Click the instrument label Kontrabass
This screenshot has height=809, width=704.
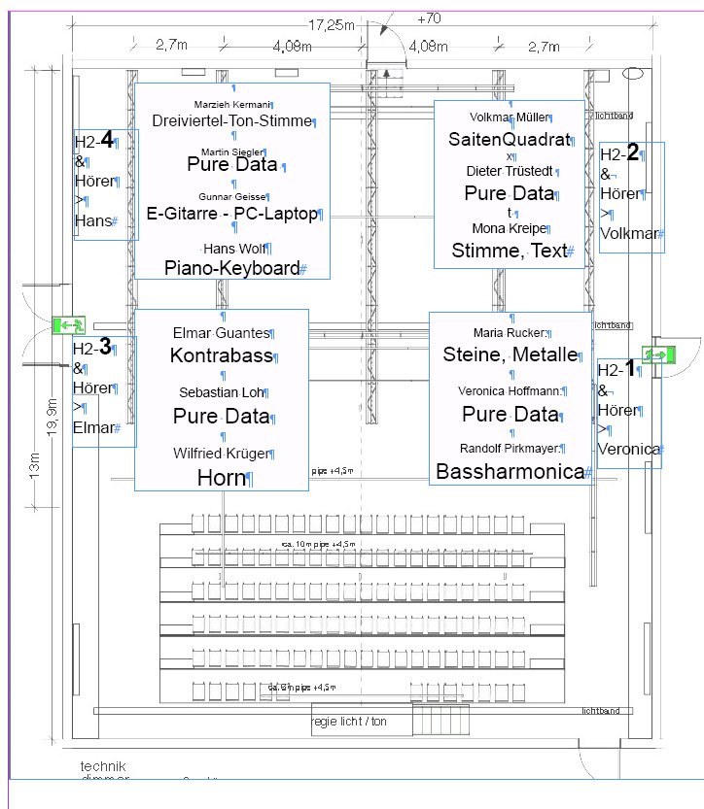[x=222, y=355]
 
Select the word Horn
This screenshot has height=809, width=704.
[x=223, y=477]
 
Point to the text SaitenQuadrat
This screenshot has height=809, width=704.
[x=508, y=140]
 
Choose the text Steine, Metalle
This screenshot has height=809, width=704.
[x=510, y=354]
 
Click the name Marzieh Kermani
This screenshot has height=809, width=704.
[x=232, y=104]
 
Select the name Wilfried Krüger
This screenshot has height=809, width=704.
[x=222, y=454]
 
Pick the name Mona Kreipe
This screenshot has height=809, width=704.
[x=507, y=229]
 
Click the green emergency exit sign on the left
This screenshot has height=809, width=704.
[x=70, y=325]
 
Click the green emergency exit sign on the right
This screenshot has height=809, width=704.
[x=657, y=355]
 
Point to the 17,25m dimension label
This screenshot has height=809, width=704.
[x=332, y=25]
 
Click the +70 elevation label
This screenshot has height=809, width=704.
[x=428, y=18]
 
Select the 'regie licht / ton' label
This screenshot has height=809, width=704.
[x=349, y=722]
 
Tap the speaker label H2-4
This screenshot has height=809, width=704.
[x=96, y=143]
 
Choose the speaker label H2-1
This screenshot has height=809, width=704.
[x=616, y=369]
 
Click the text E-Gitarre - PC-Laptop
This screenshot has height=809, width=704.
[x=231, y=214]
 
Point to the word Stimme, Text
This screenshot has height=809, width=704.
[x=508, y=251]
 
